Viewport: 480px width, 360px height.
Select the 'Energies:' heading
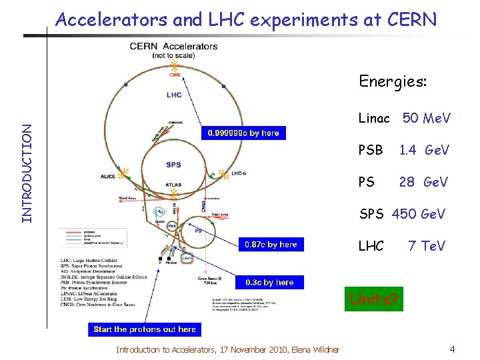coord(393,81)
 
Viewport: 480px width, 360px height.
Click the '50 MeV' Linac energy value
coord(427,119)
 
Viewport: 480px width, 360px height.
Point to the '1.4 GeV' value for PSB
coord(424,150)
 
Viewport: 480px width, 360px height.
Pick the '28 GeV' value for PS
coord(424,181)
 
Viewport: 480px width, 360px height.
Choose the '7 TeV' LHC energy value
coord(427,246)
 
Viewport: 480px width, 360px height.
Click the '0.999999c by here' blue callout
coord(243,133)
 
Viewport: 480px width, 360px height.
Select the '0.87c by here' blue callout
coord(271,245)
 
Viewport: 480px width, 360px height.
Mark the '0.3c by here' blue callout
coord(270,282)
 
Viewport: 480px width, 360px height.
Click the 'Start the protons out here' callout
coord(145,329)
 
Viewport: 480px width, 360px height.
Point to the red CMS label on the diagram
coord(175,75)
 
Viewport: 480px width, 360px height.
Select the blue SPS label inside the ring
coord(173,165)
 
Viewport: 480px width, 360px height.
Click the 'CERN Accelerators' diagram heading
coord(173,47)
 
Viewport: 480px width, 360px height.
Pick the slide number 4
coord(452,349)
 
